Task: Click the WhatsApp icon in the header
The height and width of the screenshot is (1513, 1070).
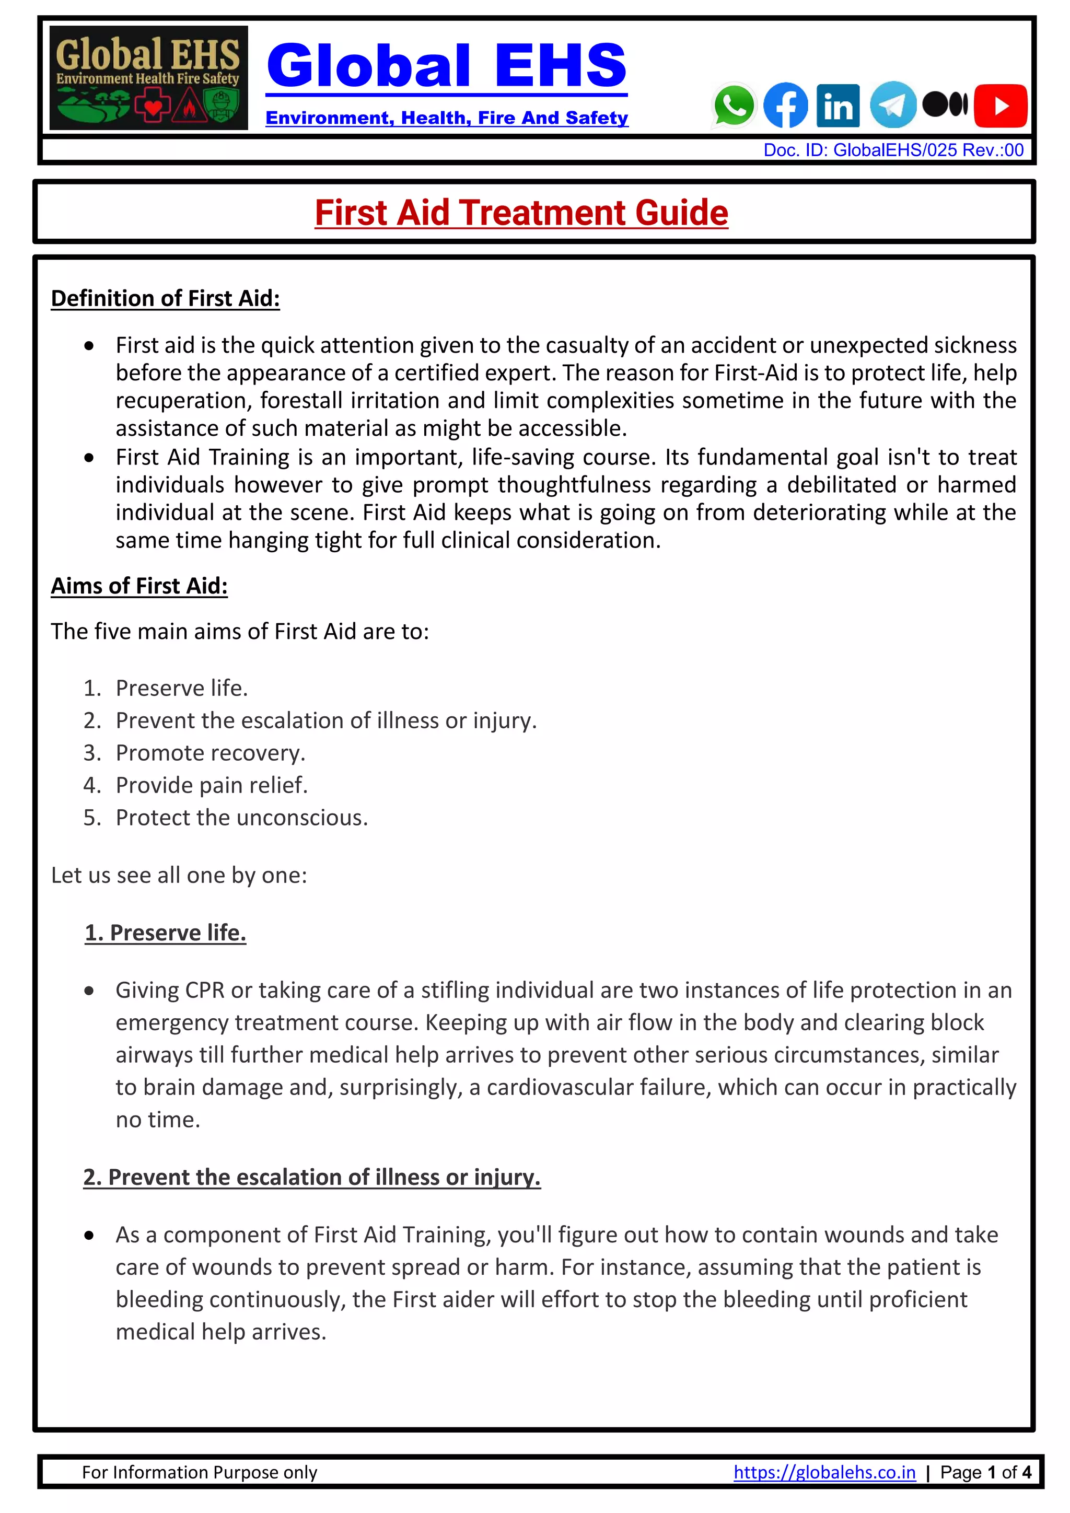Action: [734, 106]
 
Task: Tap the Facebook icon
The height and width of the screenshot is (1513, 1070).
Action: [785, 106]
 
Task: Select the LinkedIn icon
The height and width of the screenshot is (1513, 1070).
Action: [838, 106]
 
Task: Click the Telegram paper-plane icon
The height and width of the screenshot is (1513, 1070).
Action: [893, 106]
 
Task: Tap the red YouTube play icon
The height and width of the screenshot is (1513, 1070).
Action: [1000, 106]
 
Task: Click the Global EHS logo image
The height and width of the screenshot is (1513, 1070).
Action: [149, 78]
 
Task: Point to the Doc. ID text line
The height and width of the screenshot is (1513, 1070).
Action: [893, 150]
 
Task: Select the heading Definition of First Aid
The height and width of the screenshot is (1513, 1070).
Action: [166, 298]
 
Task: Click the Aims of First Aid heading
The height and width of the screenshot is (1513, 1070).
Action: [139, 586]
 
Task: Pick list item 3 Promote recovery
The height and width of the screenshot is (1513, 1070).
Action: [210, 752]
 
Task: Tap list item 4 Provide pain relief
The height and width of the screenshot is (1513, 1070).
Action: [212, 785]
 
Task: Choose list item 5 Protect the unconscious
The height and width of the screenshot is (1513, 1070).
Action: [241, 817]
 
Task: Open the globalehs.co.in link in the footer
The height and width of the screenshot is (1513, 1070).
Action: [824, 1472]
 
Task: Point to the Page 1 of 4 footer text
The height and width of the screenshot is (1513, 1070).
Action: [985, 1472]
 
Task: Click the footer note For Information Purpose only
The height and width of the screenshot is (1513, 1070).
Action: [199, 1472]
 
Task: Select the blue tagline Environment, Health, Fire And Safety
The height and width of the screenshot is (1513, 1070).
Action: [447, 118]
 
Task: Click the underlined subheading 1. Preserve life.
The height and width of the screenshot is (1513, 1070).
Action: [166, 933]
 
